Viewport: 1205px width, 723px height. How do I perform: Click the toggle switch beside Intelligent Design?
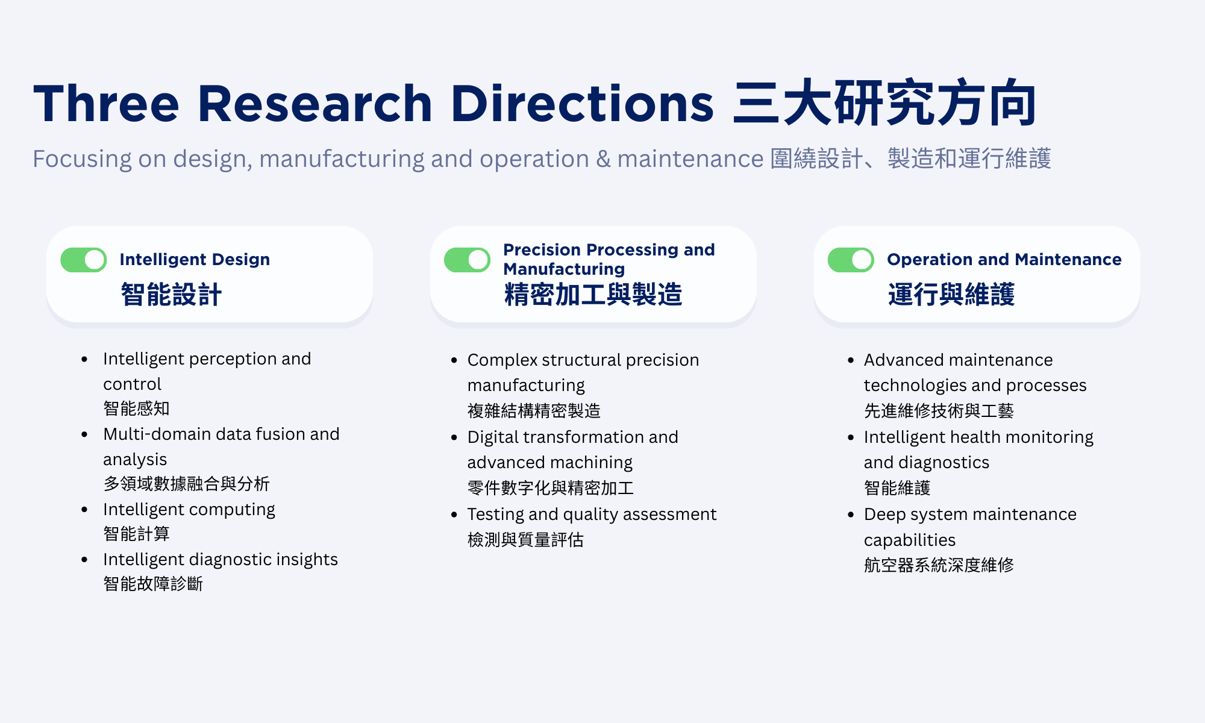84,260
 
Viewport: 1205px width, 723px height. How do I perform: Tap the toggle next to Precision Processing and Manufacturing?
467,260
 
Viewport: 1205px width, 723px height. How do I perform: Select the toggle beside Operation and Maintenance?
851,260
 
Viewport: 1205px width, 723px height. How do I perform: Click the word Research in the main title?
315,104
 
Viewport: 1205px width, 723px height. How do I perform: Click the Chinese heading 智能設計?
171,295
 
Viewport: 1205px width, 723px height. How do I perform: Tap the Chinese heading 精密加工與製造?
593,295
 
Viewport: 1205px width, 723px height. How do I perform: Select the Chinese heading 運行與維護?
951,295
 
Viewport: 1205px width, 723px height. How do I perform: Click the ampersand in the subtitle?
603,159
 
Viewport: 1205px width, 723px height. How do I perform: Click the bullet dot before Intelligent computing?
84,510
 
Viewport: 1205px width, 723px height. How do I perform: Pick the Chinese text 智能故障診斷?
153,584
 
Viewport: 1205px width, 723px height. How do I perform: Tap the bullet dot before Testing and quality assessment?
454,515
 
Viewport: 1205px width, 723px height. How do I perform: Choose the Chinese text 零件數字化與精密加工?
550,487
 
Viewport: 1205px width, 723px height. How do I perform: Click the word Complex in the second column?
502,360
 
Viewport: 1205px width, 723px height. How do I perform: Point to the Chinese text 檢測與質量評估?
525,539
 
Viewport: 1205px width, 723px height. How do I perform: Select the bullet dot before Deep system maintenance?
851,515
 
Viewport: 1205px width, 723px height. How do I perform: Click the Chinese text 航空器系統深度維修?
938,565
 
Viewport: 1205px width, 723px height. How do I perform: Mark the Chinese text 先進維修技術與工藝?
938,411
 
